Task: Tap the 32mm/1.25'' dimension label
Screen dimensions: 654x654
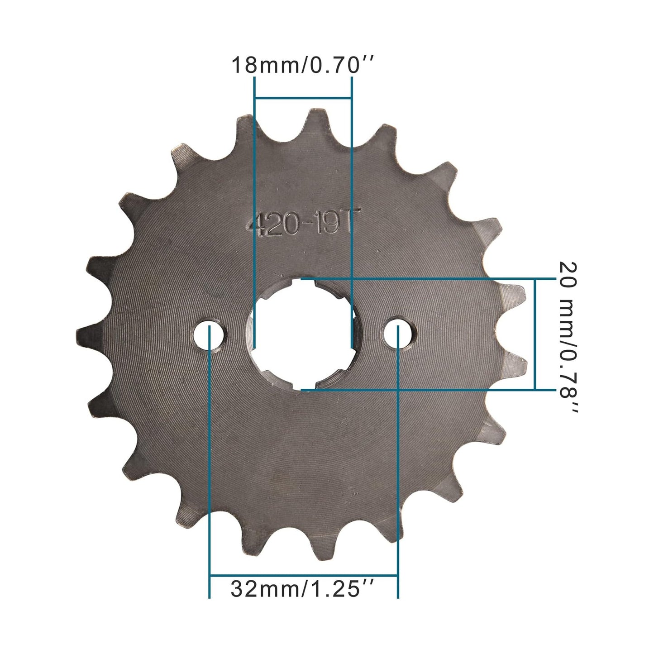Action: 302,589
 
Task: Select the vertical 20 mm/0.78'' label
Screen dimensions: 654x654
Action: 568,337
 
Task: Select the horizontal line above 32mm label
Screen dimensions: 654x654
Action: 303,576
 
